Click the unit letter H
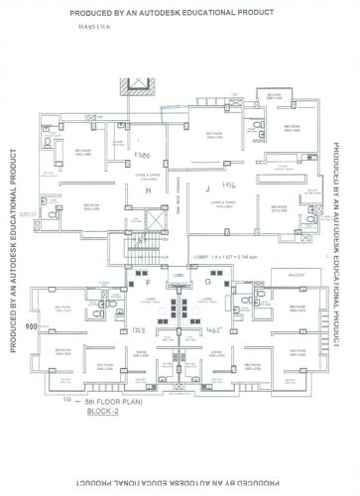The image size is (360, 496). pyautogui.click(x=149, y=189)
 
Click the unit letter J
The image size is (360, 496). pyautogui.click(x=208, y=188)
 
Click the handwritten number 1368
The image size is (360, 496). pyautogui.click(x=139, y=327)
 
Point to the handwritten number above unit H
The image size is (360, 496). pyautogui.click(x=142, y=159)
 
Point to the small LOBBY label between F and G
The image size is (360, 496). pyautogui.click(x=179, y=274)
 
